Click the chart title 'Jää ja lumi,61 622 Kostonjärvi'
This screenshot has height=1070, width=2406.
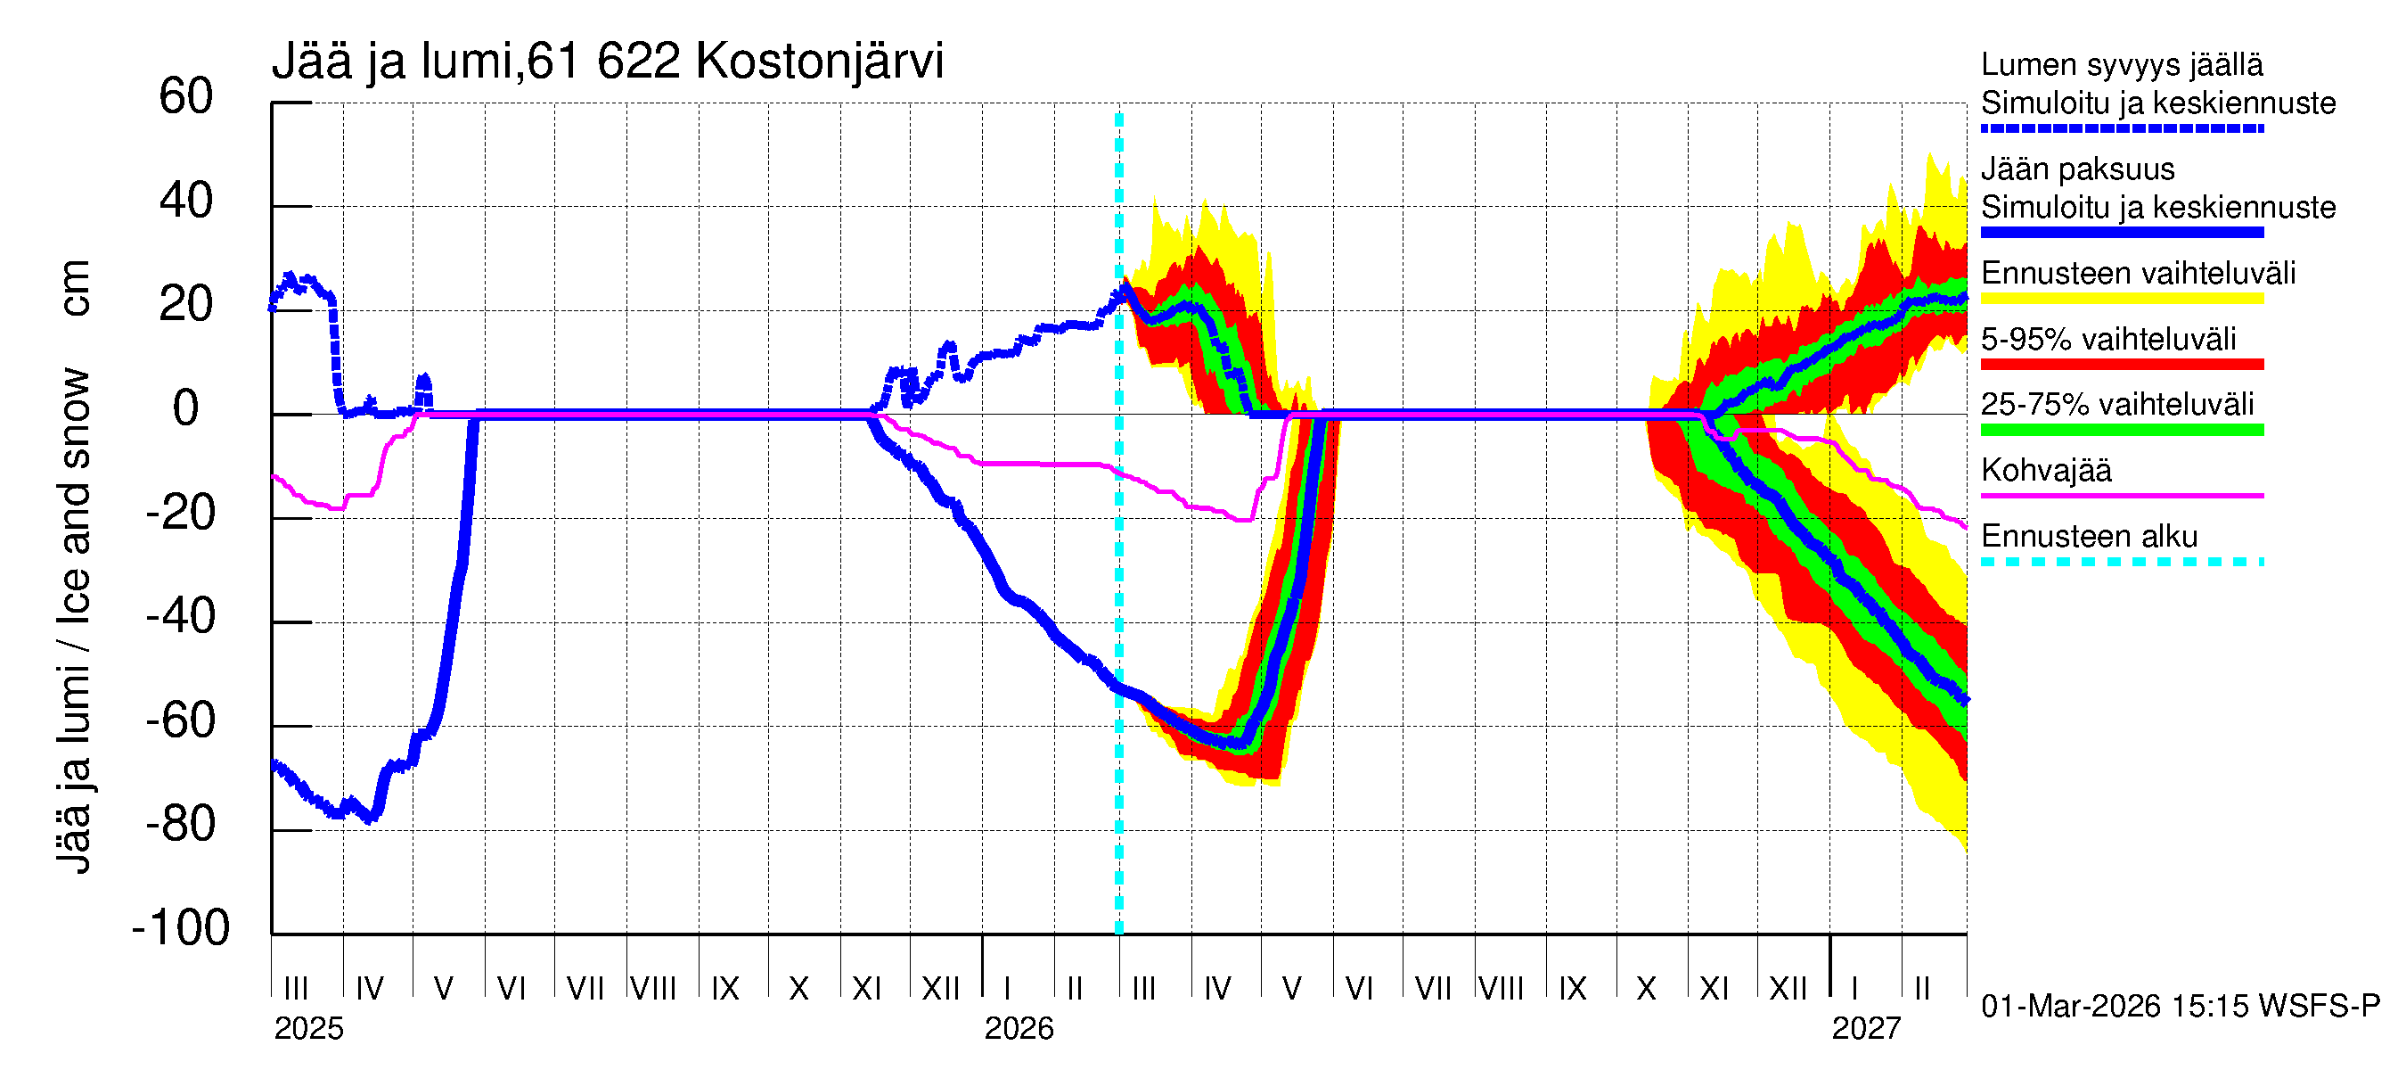[x=607, y=62]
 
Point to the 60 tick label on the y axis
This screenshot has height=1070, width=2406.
[x=186, y=97]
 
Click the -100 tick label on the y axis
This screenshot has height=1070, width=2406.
[x=180, y=928]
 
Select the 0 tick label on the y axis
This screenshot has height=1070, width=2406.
[x=186, y=408]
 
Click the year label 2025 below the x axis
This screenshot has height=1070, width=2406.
[x=308, y=1029]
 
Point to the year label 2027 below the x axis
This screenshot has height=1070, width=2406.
[x=1865, y=1029]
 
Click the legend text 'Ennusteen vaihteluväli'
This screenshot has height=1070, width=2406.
[x=2138, y=274]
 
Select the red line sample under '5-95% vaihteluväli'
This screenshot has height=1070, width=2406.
[x=2121, y=365]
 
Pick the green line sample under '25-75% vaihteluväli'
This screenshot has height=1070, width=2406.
[x=2121, y=430]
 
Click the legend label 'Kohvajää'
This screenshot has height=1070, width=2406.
[x=2045, y=470]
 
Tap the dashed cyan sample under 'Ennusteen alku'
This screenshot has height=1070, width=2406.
[x=2121, y=562]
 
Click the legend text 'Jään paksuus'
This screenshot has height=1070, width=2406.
[x=2077, y=169]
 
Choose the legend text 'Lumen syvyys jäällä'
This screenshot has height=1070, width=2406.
[x=2121, y=64]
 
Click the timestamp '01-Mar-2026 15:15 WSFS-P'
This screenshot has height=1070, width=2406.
[x=2180, y=1007]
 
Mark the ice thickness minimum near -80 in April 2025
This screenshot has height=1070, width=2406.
[x=371, y=819]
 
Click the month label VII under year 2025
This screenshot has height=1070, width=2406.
[x=585, y=988]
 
